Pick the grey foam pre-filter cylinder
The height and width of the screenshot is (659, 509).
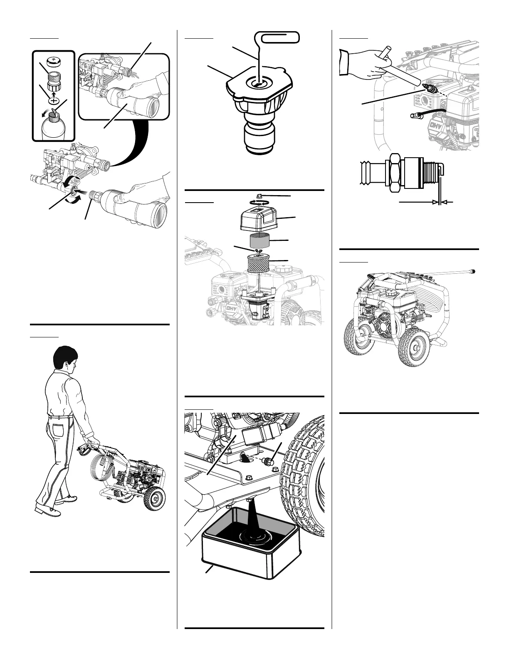[x=261, y=241]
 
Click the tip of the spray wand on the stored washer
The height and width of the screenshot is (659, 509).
[x=474, y=271]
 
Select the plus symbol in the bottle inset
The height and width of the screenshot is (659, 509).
[x=54, y=100]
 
